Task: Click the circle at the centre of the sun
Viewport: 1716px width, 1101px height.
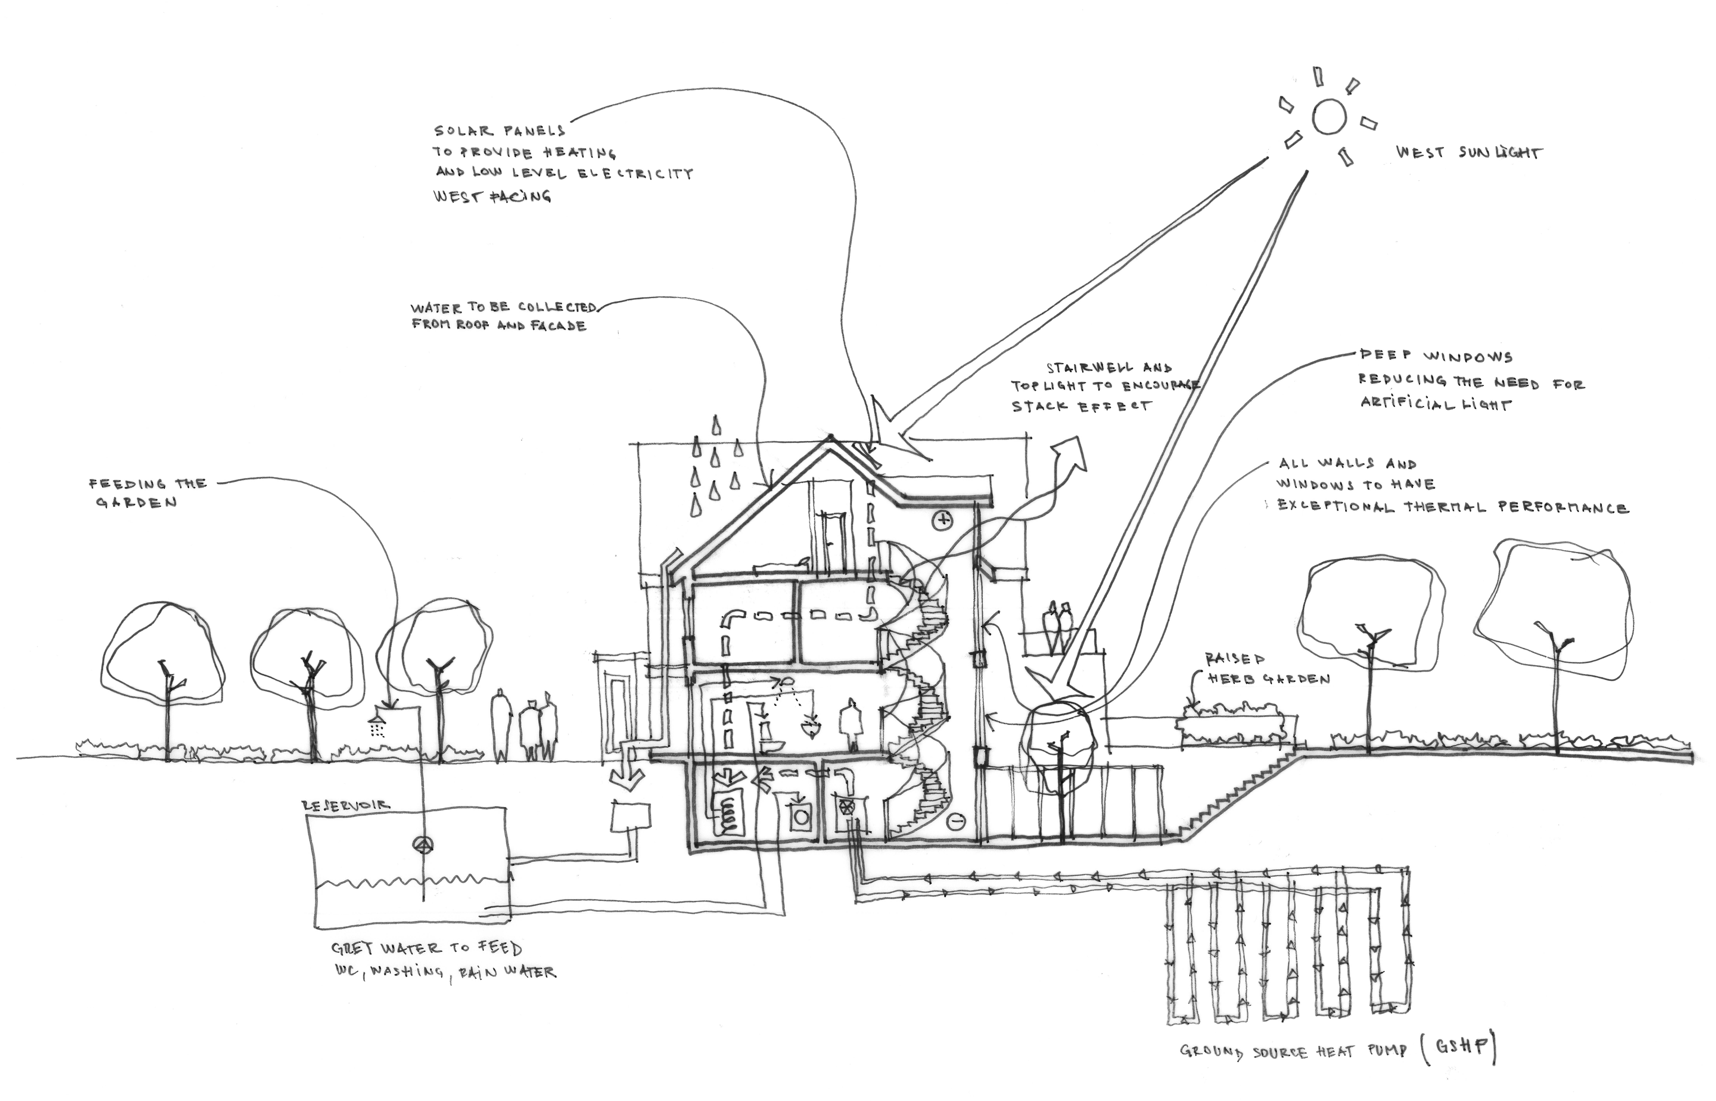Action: click(x=1329, y=116)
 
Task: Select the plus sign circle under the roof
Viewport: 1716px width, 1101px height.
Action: click(x=943, y=520)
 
